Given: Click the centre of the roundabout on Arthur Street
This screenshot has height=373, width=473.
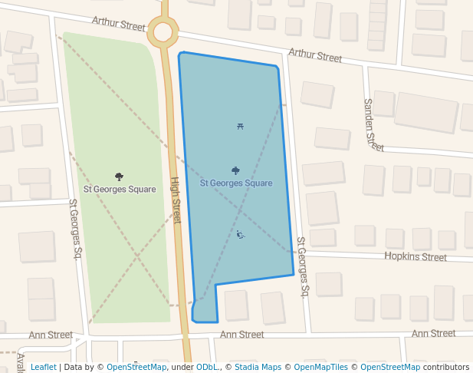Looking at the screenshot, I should click(x=163, y=31).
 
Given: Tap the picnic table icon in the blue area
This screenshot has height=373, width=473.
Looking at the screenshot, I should click(x=240, y=127).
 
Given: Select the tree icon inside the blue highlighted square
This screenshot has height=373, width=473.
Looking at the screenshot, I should click(x=235, y=170).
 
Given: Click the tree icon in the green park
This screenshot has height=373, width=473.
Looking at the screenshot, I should click(x=119, y=177).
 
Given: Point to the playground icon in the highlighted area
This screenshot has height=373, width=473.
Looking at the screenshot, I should click(x=240, y=234).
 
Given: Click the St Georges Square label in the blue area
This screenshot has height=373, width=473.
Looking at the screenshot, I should click(x=236, y=183).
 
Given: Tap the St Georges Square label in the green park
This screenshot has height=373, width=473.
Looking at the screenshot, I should click(x=120, y=189).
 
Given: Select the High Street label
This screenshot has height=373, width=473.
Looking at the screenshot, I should click(x=176, y=200).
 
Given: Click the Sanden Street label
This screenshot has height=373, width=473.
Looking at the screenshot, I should click(x=373, y=125).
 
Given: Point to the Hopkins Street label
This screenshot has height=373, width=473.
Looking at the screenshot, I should click(x=416, y=257).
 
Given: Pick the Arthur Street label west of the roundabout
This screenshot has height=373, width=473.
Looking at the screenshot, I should click(x=119, y=25).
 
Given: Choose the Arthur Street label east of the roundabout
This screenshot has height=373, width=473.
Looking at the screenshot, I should click(x=315, y=56).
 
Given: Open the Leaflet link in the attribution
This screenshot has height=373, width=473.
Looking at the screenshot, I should click(x=43, y=367).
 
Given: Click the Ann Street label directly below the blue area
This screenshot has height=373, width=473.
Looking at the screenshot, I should click(x=241, y=335).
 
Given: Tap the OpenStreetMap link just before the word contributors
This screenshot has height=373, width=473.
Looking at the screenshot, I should click(x=390, y=367).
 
